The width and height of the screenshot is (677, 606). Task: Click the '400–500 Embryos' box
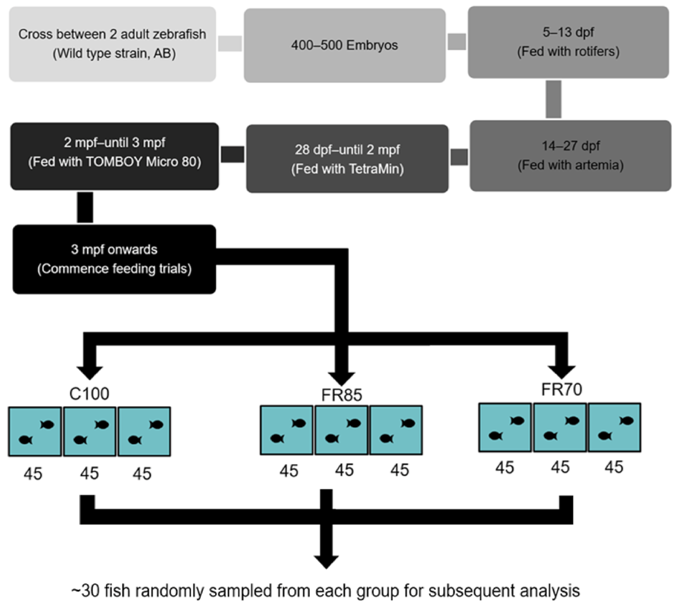point(345,45)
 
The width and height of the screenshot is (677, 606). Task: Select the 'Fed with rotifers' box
point(568,42)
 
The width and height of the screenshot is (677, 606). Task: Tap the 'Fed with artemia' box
point(571,156)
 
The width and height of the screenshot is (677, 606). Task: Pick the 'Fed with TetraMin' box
point(347,159)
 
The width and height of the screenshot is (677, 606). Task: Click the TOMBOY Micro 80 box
point(114,156)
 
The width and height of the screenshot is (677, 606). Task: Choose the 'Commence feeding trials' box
point(114,259)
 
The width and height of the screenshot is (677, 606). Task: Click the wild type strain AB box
point(112,44)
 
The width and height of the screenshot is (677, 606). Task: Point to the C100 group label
point(89,394)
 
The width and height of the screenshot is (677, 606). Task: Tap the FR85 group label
point(342,395)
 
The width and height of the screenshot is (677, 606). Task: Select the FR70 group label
point(561,389)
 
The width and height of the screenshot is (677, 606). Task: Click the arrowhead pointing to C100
point(89,372)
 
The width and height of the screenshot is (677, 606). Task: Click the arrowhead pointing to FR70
point(562,372)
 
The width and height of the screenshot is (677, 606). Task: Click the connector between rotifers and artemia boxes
point(553,99)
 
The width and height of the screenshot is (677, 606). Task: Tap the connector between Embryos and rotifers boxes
point(456,42)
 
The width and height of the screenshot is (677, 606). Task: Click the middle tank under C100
point(89,431)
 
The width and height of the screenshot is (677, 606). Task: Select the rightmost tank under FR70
point(614,427)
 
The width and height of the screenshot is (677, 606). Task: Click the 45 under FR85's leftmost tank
point(288,471)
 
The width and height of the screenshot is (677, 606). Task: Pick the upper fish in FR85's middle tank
point(353,423)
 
